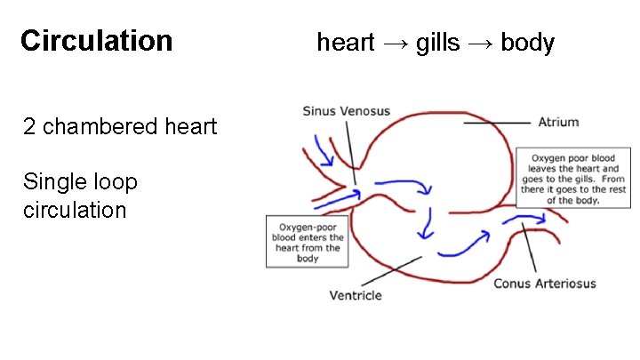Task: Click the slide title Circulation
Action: point(96,41)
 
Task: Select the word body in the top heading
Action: point(527,43)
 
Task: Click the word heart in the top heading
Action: point(346,43)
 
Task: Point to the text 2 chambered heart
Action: point(120,127)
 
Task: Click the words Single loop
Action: point(80,182)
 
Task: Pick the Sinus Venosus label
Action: point(346,112)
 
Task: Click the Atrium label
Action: point(558,122)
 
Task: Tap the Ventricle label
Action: point(356,295)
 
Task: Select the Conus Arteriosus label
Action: point(545,284)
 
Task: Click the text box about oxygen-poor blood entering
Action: point(307,240)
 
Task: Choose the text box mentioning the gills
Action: point(572,179)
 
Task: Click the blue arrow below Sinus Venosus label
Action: point(324,152)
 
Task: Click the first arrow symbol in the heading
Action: point(390,43)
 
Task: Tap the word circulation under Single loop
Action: point(75,210)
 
